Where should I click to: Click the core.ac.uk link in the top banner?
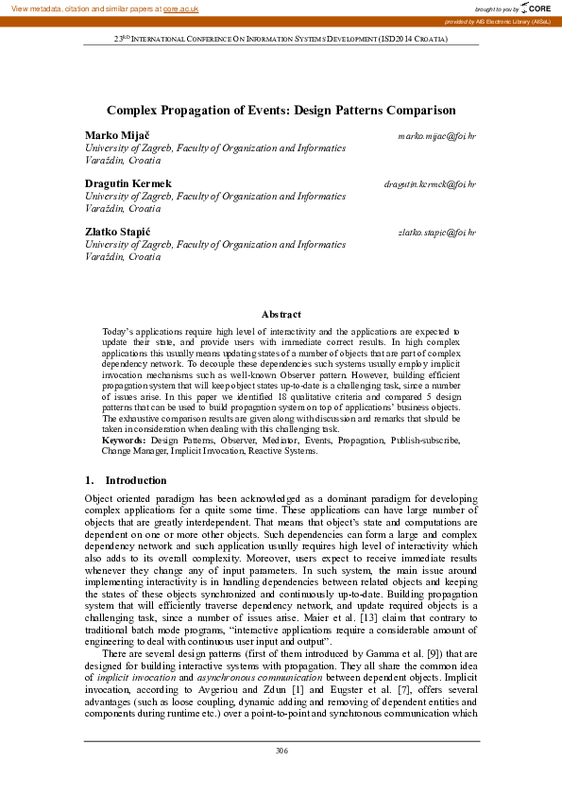click(x=180, y=8)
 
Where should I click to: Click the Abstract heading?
click(x=281, y=314)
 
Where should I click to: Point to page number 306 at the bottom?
click(x=281, y=751)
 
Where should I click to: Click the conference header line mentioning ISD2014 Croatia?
click(x=281, y=40)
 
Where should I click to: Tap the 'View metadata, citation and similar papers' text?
click(x=81, y=8)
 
